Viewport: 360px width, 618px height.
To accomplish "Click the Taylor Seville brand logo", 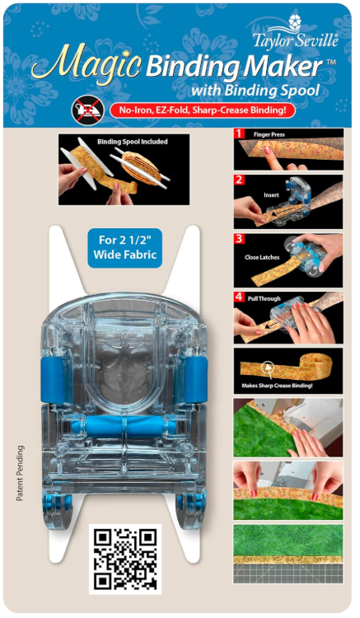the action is pyautogui.click(x=295, y=32).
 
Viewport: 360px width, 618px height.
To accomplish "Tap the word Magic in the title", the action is pyautogui.click(x=86, y=64).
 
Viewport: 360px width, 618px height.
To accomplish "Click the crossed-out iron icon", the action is pyautogui.click(x=88, y=110).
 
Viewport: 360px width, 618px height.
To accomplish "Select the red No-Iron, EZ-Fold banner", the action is pyautogui.click(x=203, y=110).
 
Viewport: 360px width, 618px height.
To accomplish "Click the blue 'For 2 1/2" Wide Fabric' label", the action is pyautogui.click(x=125, y=247).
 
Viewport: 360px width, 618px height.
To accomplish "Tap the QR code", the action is pyautogui.click(x=125, y=559).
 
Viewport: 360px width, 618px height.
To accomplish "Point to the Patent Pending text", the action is pyautogui.click(x=20, y=473).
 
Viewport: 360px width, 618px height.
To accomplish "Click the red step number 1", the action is pyautogui.click(x=239, y=133).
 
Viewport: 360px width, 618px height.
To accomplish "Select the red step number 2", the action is pyautogui.click(x=239, y=180).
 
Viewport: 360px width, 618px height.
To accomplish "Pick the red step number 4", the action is pyautogui.click(x=239, y=297).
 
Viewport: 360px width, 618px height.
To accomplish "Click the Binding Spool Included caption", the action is pyautogui.click(x=133, y=142).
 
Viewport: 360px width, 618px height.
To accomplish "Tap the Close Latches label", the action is pyautogui.click(x=262, y=257).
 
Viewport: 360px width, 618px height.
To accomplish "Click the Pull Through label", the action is pyautogui.click(x=264, y=299).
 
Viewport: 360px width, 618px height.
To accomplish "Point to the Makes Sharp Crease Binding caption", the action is pyautogui.click(x=277, y=386).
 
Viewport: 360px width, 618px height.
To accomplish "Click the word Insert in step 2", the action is pyautogui.click(x=271, y=194).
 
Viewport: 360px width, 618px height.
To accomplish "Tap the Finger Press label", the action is pyautogui.click(x=269, y=134).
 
